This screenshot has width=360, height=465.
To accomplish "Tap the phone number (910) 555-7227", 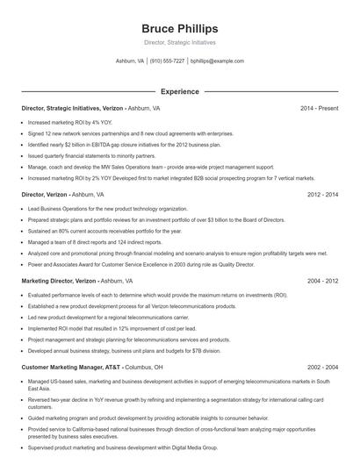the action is pos(167,61).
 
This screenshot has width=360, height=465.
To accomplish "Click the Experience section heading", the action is pos(179,90).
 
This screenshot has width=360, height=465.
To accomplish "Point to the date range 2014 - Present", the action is pos(319,108).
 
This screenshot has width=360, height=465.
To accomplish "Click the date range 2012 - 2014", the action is pos(321,195).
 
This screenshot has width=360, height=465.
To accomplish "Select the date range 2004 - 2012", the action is pos(321,281).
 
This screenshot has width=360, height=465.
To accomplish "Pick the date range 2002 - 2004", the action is pos(321,367).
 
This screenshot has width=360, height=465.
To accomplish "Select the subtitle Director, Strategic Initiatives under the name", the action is pos(179,42).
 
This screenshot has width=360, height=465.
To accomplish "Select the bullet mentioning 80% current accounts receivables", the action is pos(104,231).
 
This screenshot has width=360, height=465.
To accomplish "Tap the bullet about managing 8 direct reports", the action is pos(97,241).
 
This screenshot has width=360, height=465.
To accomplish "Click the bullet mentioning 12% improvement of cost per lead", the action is pos(114,327).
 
